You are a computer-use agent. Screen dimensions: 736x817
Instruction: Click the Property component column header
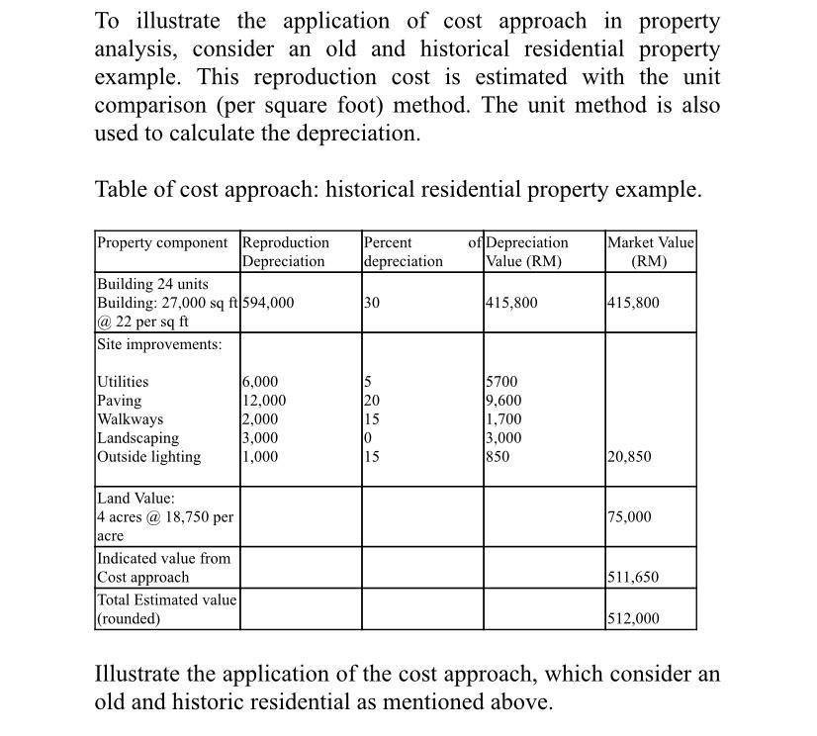point(167,243)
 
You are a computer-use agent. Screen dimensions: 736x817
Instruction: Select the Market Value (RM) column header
point(650,252)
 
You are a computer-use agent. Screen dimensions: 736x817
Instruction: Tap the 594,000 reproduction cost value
point(268,303)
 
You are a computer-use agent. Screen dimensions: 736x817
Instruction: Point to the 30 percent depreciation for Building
point(372,303)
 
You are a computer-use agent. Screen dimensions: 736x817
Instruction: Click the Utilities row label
point(123,382)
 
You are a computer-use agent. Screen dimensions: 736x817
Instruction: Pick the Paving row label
point(119,401)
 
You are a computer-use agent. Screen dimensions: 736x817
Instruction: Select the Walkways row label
point(130,419)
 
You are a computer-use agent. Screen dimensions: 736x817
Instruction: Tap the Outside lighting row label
point(148,457)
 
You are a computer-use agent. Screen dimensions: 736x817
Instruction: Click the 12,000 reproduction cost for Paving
point(264,401)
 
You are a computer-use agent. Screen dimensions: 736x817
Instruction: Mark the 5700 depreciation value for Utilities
point(501,382)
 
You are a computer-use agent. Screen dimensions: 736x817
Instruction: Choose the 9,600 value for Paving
point(503,401)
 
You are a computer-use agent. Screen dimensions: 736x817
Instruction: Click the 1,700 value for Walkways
point(503,419)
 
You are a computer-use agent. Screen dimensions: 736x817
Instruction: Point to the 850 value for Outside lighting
point(499,457)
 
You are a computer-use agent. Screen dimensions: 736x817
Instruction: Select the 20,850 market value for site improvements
point(629,457)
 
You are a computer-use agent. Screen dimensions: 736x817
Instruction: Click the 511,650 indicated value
point(633,578)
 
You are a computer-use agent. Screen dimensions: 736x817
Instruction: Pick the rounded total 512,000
point(633,619)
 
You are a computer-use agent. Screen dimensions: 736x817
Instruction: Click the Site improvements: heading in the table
point(159,344)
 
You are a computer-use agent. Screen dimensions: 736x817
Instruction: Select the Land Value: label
point(136,499)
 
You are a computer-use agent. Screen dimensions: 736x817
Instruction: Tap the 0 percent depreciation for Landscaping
point(367,438)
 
